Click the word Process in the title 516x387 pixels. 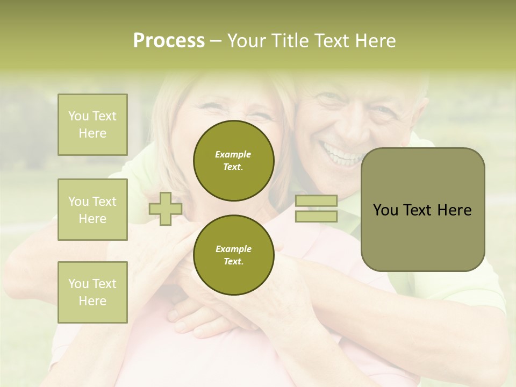(x=169, y=41)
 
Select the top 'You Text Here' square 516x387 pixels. (x=92, y=125)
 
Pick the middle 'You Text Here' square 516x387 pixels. (x=92, y=210)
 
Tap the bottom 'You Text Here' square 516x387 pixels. (x=92, y=292)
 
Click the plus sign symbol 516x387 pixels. (x=165, y=209)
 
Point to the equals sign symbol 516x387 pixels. (x=316, y=209)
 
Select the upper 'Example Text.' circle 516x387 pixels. (x=234, y=160)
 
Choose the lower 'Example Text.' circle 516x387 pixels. (x=234, y=255)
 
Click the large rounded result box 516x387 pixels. (x=422, y=210)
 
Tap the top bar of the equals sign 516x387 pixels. (x=316, y=201)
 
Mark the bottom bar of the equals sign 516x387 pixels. (x=316, y=216)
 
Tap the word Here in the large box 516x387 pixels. (x=454, y=210)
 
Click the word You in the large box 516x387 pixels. (x=386, y=210)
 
